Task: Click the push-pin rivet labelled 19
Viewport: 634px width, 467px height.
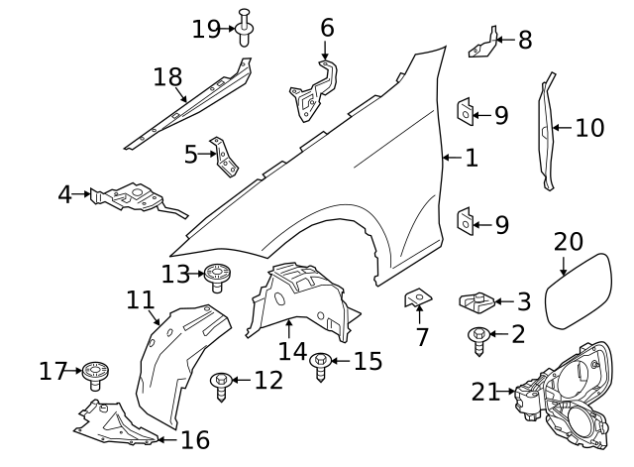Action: pos(244,28)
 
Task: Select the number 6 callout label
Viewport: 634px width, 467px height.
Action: pos(327,28)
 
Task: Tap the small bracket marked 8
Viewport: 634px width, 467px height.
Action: pos(483,44)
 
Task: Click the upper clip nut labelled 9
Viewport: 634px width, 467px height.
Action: pos(466,111)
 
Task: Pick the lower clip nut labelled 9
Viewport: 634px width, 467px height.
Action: pos(466,221)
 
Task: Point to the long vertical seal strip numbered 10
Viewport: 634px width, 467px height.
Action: pos(547,131)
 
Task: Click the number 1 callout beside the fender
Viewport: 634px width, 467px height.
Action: pos(472,158)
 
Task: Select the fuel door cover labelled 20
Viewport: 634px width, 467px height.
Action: pos(579,291)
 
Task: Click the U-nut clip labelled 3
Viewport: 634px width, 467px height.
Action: pos(476,301)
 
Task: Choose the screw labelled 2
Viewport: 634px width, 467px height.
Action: pos(478,341)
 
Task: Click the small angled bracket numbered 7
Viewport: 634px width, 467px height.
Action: pos(418,297)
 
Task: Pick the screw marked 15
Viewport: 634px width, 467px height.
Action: pos(321,366)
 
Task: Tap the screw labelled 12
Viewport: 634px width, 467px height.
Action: pos(221,386)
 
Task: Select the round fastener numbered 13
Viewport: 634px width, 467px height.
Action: pos(217,277)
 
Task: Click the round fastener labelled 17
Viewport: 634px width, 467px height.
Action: pos(95,375)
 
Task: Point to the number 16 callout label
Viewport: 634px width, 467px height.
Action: pos(195,440)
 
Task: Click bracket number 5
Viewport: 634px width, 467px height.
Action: pos(224,157)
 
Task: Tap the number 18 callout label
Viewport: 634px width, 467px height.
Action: pos(167,77)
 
